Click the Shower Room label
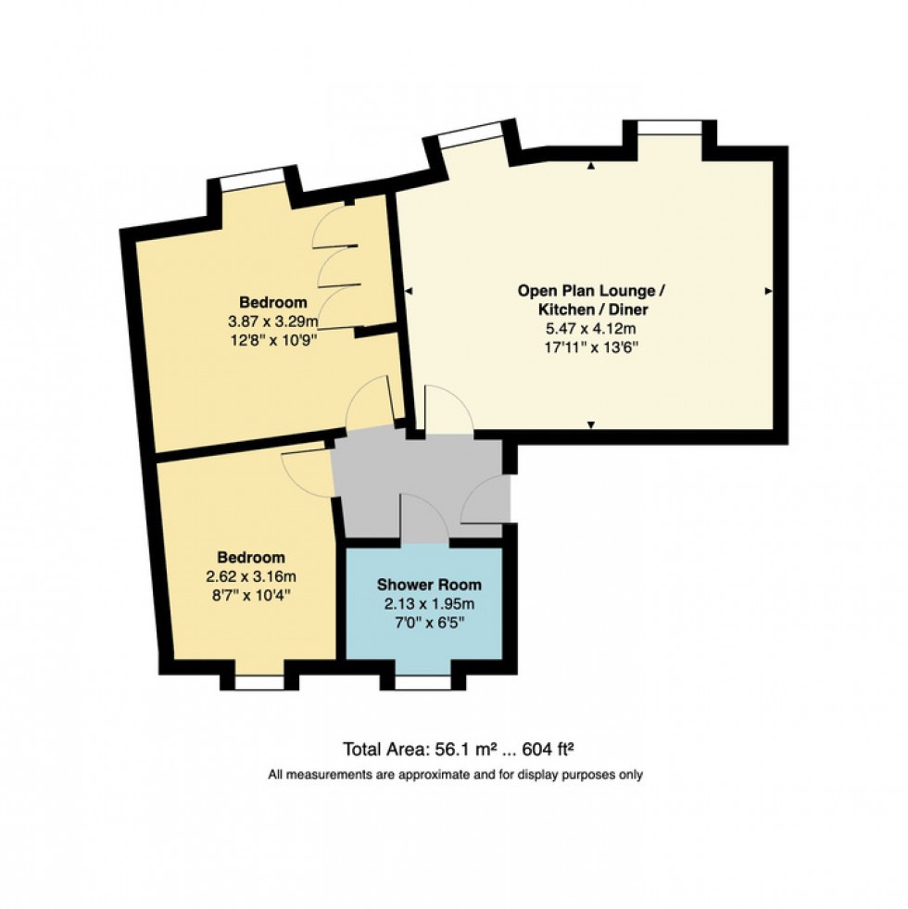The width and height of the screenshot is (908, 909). pos(429,586)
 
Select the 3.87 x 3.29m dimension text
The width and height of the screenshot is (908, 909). pos(273,322)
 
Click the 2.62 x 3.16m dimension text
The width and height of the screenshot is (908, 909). pos(251,577)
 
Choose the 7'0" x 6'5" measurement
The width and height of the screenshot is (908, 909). pos(429,624)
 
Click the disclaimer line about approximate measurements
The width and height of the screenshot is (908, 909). pos(454,775)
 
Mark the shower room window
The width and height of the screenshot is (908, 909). pos(421,683)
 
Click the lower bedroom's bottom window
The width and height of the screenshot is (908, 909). pos(259,683)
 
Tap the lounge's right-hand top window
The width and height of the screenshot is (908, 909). pos(669,128)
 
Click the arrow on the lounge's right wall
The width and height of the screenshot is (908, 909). pos(768,292)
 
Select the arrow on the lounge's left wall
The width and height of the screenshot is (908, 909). pos(409,292)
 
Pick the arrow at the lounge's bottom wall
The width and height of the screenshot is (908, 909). pos(591,424)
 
